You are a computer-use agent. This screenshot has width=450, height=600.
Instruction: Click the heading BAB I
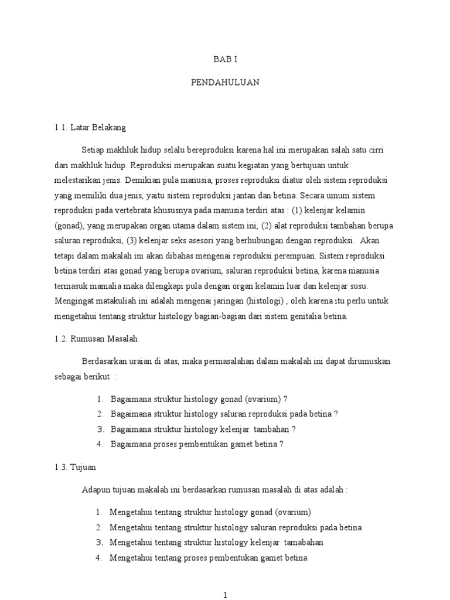224,60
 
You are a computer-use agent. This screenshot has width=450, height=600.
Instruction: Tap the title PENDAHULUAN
225,83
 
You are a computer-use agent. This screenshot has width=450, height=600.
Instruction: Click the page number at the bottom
225,595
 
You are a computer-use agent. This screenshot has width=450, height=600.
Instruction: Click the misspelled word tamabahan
301,542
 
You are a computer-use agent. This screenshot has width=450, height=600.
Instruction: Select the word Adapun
96,490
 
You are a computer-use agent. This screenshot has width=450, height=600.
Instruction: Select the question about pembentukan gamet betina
197,444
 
